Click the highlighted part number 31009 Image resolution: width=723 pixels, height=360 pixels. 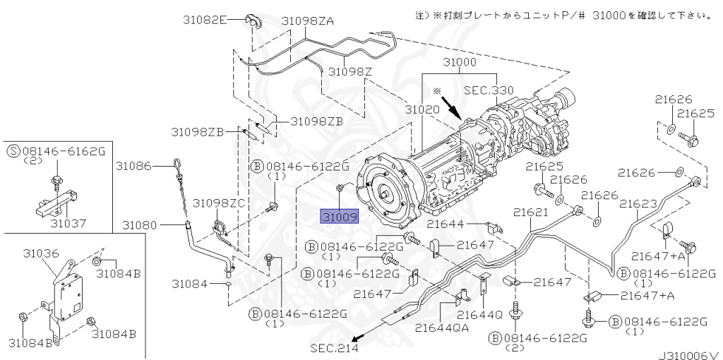(x=340, y=216)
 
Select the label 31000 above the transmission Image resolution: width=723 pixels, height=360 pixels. (x=459, y=63)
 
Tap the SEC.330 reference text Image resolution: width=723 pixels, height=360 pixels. (x=489, y=90)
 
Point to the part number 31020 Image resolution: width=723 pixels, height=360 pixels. (x=423, y=110)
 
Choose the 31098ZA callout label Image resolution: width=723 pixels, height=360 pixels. (x=307, y=21)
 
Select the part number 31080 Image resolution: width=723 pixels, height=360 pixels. (x=138, y=225)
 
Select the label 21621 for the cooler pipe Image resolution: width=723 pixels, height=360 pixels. (x=531, y=212)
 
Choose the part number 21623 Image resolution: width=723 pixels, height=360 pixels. (x=638, y=203)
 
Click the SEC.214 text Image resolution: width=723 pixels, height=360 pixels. (x=333, y=348)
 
